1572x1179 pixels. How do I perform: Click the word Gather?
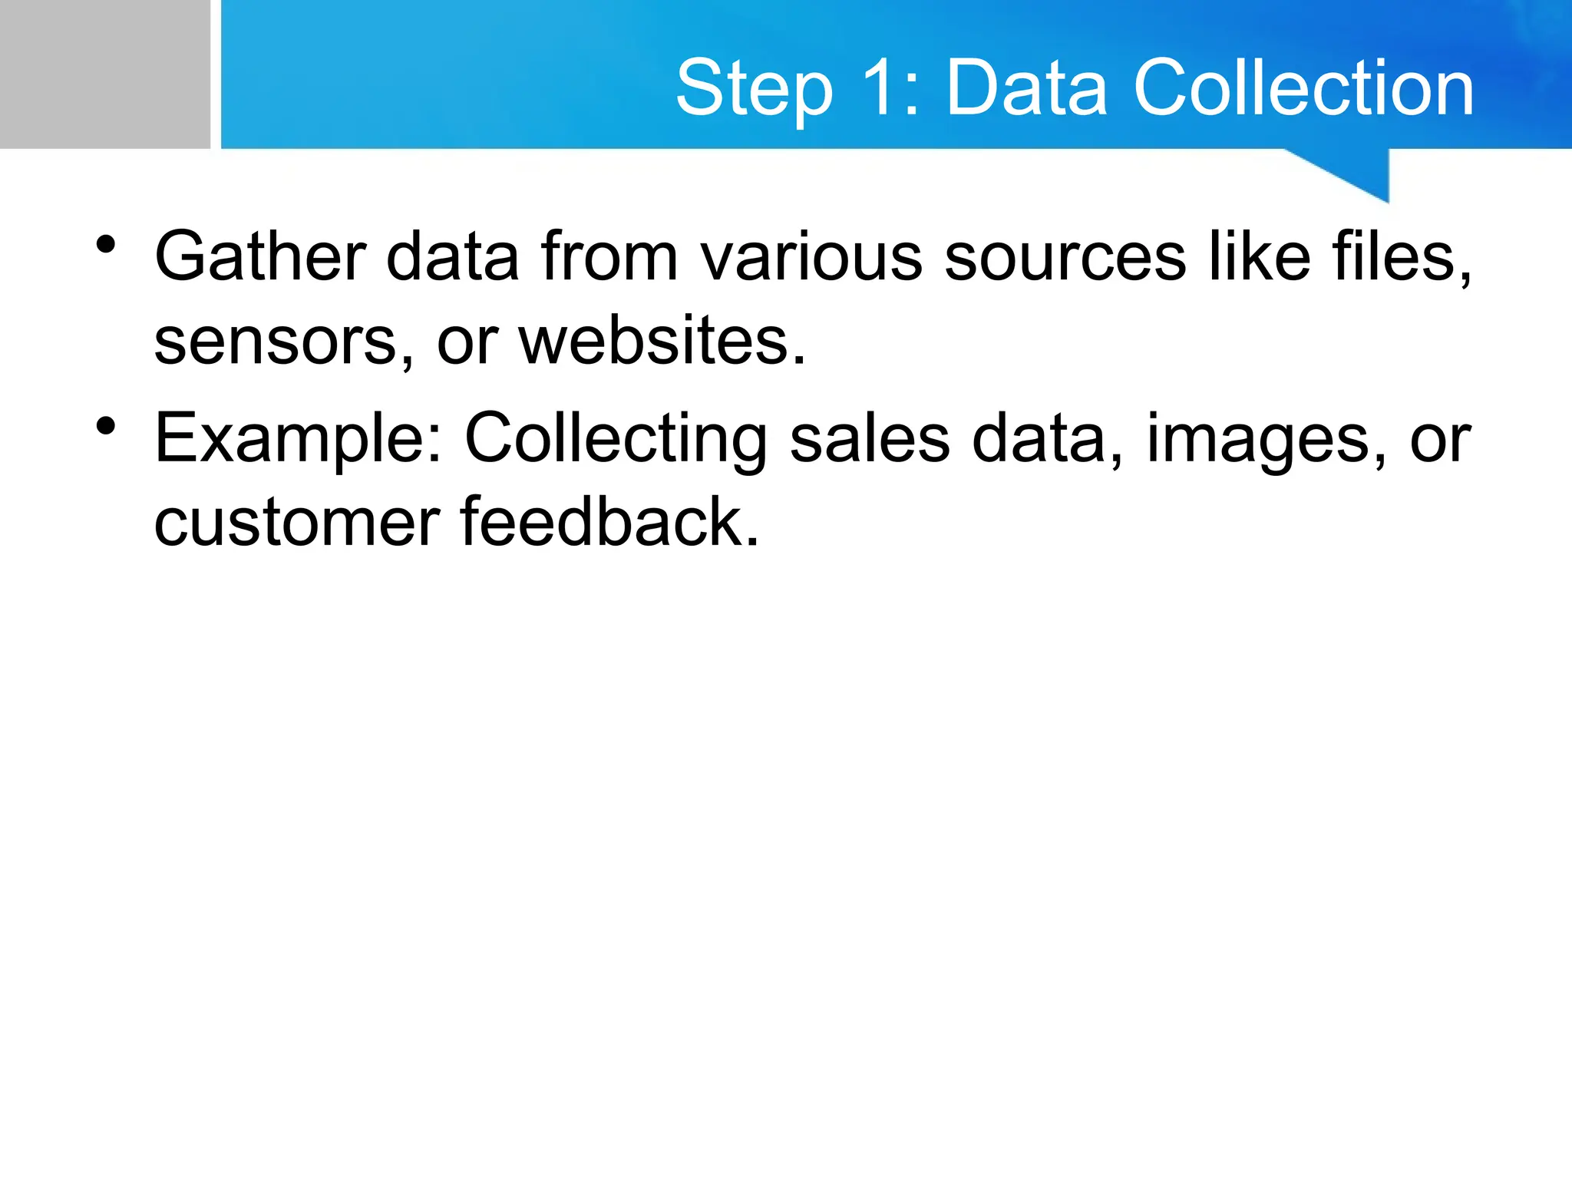click(x=260, y=256)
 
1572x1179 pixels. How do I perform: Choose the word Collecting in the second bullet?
click(x=616, y=439)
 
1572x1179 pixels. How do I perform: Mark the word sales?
click(x=869, y=439)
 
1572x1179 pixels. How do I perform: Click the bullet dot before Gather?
click(x=106, y=246)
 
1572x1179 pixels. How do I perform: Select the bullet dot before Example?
click(x=106, y=426)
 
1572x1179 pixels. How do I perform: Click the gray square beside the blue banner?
click(x=104, y=74)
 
